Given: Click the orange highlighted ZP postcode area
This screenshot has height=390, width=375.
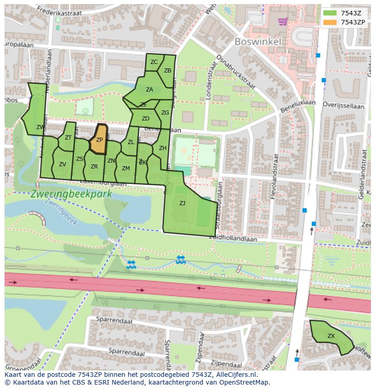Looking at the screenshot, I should coord(99,140).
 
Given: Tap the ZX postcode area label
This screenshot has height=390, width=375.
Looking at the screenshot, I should coord(331,336).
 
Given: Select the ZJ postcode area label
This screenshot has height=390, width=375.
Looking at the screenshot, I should coord(182,203).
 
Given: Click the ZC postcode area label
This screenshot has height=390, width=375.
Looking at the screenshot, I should coord(154,62).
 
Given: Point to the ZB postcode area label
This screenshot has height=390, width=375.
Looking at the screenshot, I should coord(168,71).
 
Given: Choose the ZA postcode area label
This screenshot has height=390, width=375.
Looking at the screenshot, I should coord(149,90).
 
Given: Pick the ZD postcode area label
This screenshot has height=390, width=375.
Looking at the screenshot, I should coord(145,119).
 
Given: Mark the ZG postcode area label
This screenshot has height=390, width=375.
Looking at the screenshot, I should coord(165,113).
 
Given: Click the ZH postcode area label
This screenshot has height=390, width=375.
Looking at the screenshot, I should coord(163,148).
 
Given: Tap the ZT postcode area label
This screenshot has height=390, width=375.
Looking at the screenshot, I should coord(68,138).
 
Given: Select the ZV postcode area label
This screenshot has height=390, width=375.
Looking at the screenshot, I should coord(62,164).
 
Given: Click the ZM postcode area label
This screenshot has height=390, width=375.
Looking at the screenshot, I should coord(126,169).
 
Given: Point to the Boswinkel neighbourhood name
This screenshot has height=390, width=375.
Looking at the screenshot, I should coord(258,42).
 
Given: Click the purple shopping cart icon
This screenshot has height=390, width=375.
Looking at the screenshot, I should coord(283,21).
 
